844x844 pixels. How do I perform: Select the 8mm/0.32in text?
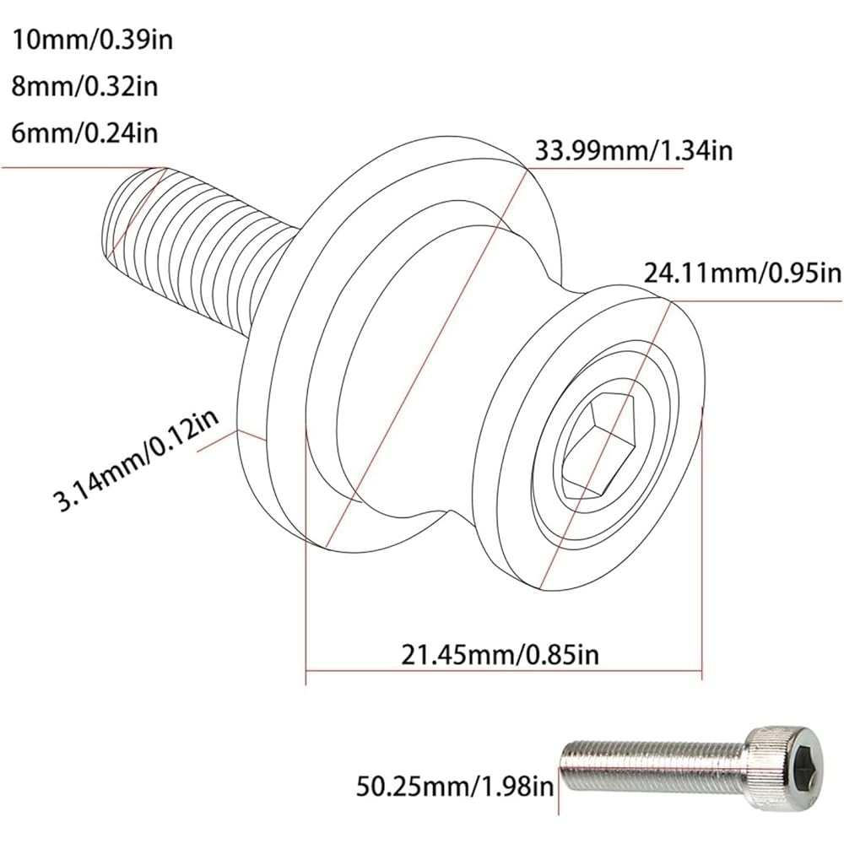[86, 85]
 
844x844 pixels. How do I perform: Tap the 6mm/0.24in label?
[86, 133]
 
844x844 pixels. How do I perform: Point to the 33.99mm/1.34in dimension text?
[633, 150]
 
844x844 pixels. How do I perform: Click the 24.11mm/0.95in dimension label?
[743, 273]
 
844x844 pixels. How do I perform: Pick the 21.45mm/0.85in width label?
[502, 652]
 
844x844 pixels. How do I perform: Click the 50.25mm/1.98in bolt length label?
[456, 787]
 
